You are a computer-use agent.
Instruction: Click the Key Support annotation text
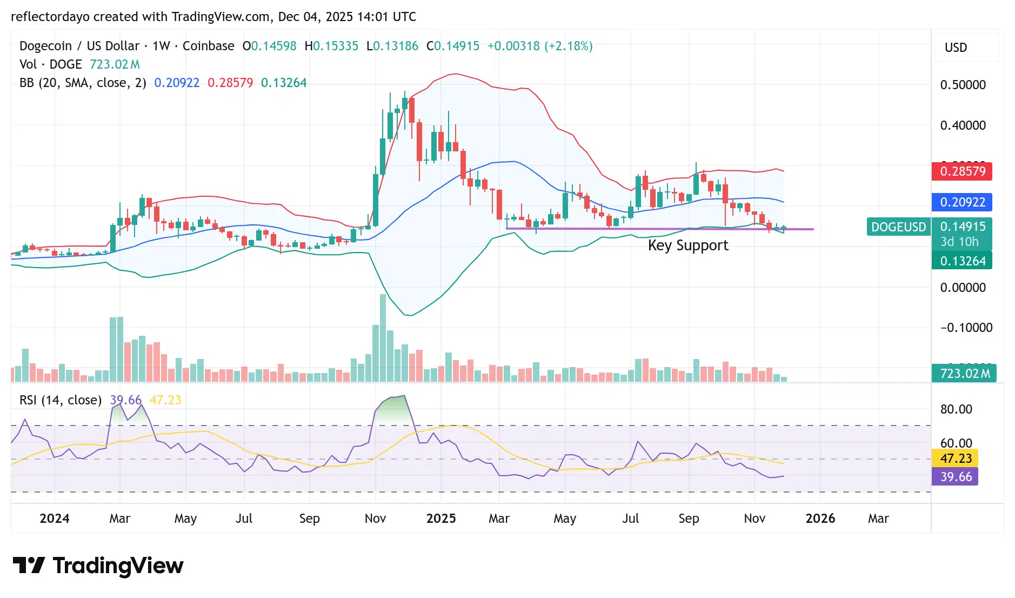[x=687, y=245]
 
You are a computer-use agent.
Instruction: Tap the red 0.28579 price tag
[x=962, y=171]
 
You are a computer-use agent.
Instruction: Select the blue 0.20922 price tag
[x=962, y=202]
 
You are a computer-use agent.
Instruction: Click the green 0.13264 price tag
[x=962, y=261]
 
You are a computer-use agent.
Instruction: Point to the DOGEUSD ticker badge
[x=898, y=227]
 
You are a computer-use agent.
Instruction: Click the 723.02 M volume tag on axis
[x=964, y=374]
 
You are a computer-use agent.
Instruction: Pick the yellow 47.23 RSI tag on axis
[x=956, y=459]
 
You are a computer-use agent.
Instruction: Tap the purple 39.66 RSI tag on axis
[x=956, y=477]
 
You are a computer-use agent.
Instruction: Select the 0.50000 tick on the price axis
[x=963, y=85]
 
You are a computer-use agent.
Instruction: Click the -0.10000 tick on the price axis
[x=966, y=328]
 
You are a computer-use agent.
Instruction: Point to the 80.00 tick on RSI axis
[x=956, y=409]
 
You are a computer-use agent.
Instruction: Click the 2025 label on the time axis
[x=440, y=519]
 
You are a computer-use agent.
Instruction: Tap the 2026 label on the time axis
[x=820, y=519]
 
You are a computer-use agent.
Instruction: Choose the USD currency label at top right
[x=956, y=48]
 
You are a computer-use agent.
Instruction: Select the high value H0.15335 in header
[x=331, y=46]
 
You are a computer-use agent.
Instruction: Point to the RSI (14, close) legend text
[x=61, y=400]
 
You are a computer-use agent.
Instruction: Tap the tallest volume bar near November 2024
[x=383, y=338]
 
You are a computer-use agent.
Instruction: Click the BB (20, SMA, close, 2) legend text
[x=83, y=83]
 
